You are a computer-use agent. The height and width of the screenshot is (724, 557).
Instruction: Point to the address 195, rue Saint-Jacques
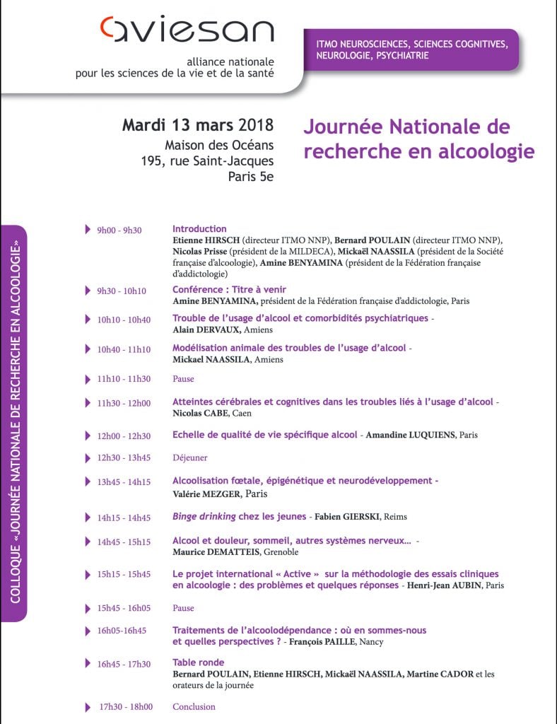coord(207,160)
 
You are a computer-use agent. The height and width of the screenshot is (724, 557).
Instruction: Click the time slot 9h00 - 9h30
coord(119,230)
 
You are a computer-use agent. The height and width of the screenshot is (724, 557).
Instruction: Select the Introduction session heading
coord(199,229)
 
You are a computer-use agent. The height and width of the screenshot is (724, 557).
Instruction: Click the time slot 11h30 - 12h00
coord(124,403)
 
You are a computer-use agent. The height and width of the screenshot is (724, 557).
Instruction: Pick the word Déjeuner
coord(189,457)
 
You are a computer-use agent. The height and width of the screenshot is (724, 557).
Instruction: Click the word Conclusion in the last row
coord(194,706)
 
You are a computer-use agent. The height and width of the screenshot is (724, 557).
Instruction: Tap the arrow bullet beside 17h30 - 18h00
coord(87,706)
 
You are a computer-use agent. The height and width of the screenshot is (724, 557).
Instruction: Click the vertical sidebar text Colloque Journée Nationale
coord(13,424)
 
